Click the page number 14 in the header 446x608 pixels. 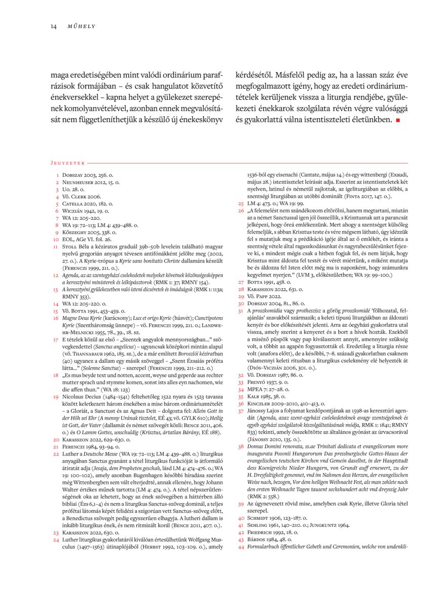(x=53, y=26)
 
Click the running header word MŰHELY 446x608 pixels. (x=82, y=26)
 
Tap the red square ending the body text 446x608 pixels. (x=398, y=121)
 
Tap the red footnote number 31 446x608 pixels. (x=241, y=310)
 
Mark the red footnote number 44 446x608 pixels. (x=241, y=547)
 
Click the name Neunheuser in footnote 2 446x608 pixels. (x=79, y=182)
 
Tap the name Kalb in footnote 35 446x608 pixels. (x=254, y=397)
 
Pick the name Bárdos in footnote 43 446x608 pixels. (x=257, y=540)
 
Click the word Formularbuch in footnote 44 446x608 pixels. (x=265, y=547)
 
